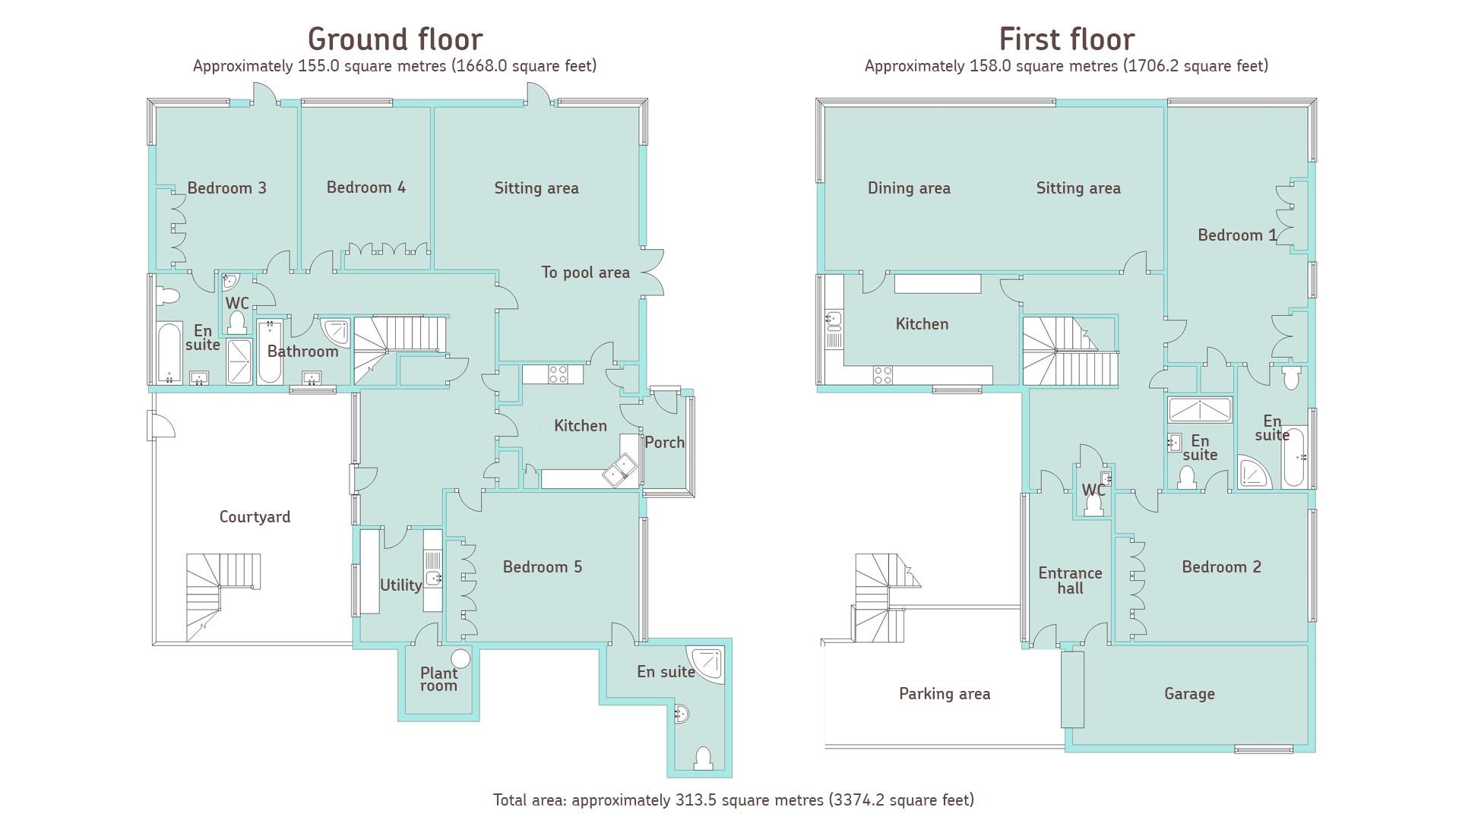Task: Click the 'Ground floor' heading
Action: coord(394,39)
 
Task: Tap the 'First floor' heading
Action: coord(1066,39)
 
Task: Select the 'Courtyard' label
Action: coord(255,517)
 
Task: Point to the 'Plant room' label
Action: coord(438,679)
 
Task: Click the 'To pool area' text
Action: coord(585,273)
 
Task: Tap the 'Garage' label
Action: coord(1189,693)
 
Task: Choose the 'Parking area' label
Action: coord(945,693)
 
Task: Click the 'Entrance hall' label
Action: coord(1070,581)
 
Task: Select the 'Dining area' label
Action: coord(909,188)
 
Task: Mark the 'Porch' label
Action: coord(664,443)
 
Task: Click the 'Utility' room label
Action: coord(400,585)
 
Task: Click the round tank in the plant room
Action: coord(460,658)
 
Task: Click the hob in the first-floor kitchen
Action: coord(882,374)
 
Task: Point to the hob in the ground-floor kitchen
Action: coord(558,374)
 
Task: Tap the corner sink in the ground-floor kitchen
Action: coord(620,469)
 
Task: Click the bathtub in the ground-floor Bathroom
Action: coord(269,352)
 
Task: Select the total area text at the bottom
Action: coord(733,799)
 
